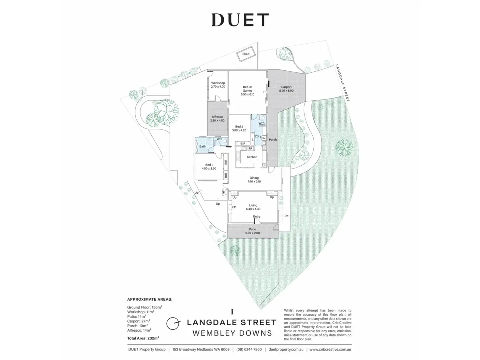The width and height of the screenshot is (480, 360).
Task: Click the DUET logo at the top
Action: (240, 20)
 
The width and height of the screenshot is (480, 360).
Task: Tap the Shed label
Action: (246, 54)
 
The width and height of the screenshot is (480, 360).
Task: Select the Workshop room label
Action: (218, 83)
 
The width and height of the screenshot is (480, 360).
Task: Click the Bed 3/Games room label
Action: (247, 89)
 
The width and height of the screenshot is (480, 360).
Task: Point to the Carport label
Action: (286, 87)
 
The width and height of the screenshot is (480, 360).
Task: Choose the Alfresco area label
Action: (217, 117)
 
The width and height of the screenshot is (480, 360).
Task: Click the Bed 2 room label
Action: (239, 127)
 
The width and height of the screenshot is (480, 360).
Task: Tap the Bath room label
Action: (202, 146)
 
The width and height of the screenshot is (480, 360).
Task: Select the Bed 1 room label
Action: (209, 165)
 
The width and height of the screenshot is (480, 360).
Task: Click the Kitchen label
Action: (252, 157)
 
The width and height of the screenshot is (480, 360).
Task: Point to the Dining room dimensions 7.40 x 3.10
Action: (254, 182)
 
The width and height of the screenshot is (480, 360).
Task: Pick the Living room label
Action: (253, 205)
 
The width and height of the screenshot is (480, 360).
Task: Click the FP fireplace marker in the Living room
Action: (234, 207)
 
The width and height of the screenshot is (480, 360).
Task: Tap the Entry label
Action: (257, 217)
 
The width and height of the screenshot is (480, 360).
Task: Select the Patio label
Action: (252, 230)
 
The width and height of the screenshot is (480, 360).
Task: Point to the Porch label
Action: (273, 140)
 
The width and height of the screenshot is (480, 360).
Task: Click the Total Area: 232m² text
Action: (143, 338)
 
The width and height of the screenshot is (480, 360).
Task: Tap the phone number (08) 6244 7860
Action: (249, 350)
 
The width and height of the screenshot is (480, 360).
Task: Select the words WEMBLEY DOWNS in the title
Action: (232, 333)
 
